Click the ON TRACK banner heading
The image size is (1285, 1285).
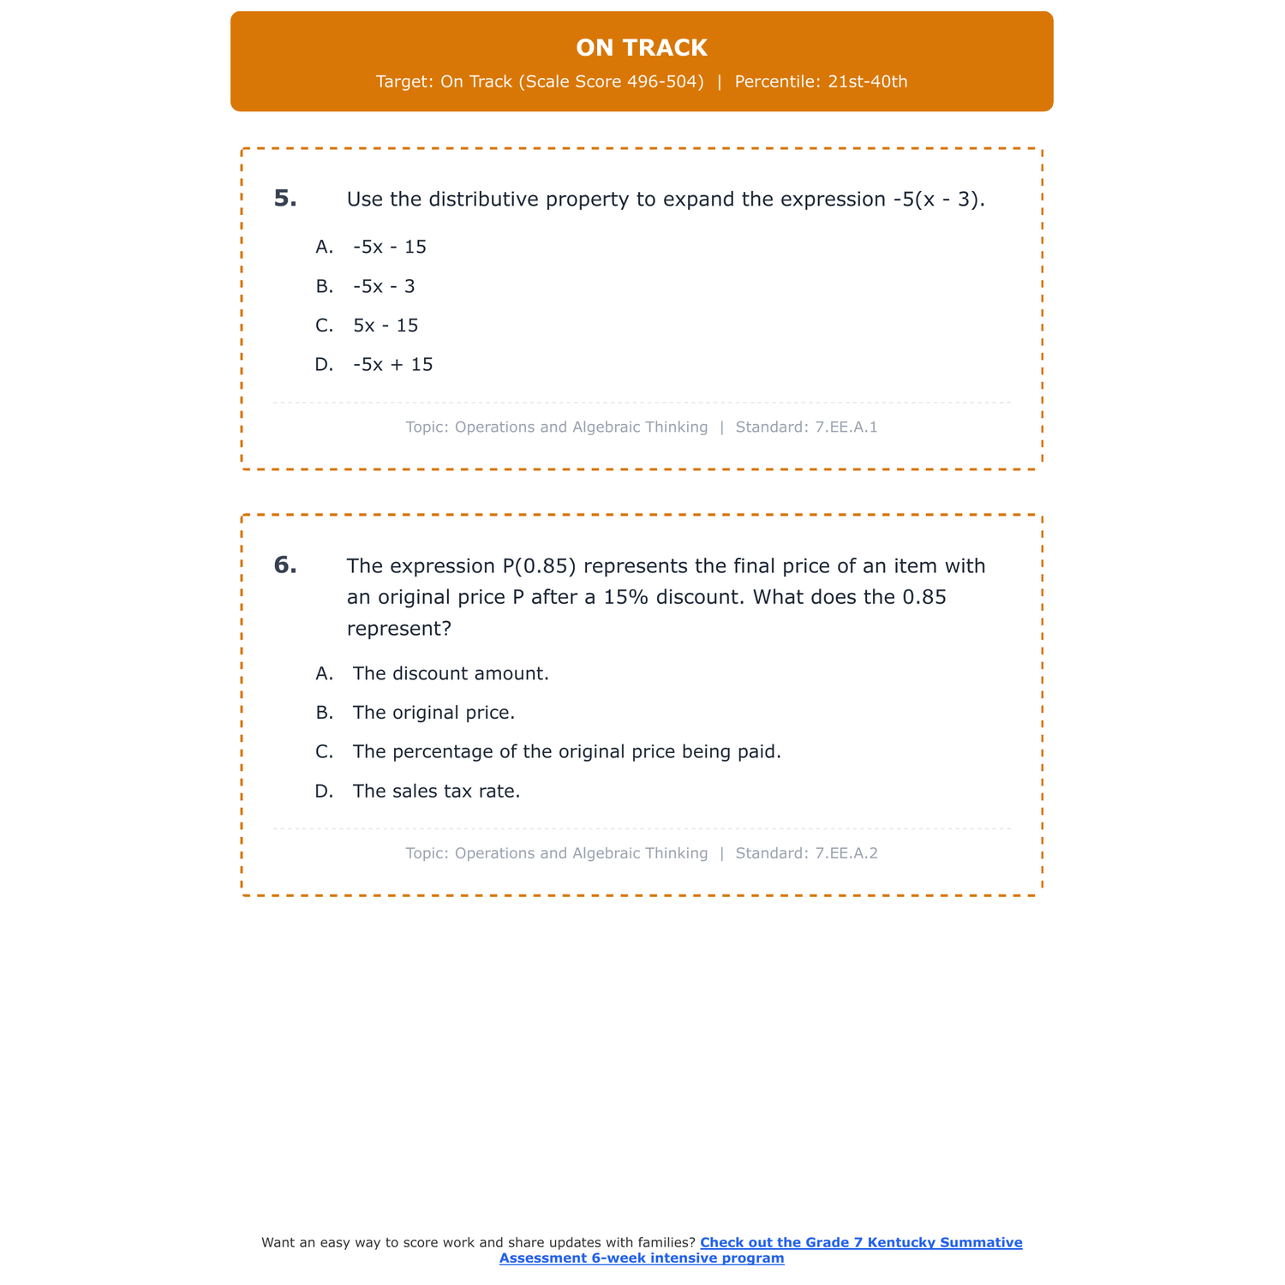point(642,48)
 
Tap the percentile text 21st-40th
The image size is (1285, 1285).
point(867,82)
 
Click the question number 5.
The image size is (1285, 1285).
point(285,199)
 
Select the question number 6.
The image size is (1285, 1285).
point(285,565)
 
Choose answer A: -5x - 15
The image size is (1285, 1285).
point(390,247)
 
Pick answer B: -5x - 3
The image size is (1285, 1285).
point(384,286)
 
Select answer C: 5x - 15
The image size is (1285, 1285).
point(385,326)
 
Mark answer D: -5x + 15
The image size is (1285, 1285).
point(393,365)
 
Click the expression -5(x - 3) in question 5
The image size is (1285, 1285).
point(936,200)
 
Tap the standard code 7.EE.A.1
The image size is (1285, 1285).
point(846,427)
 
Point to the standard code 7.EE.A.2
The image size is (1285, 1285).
point(846,853)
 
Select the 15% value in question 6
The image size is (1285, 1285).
point(627,597)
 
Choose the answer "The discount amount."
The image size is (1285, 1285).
point(451,673)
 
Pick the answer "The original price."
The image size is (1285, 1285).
point(433,713)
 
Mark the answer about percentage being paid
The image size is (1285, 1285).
point(567,752)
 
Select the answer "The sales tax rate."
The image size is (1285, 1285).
point(437,792)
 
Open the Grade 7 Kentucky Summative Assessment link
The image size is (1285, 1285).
point(860,1243)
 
